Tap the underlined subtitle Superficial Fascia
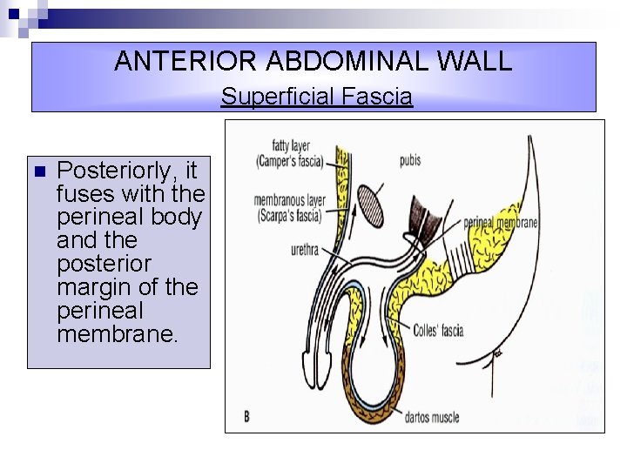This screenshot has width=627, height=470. (x=316, y=97)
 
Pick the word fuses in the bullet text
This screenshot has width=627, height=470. (x=84, y=192)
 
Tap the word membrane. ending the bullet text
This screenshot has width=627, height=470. (x=117, y=333)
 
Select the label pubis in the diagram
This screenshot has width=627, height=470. (x=412, y=161)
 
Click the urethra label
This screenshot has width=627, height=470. (x=307, y=252)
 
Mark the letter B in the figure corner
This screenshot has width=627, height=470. (x=247, y=417)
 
